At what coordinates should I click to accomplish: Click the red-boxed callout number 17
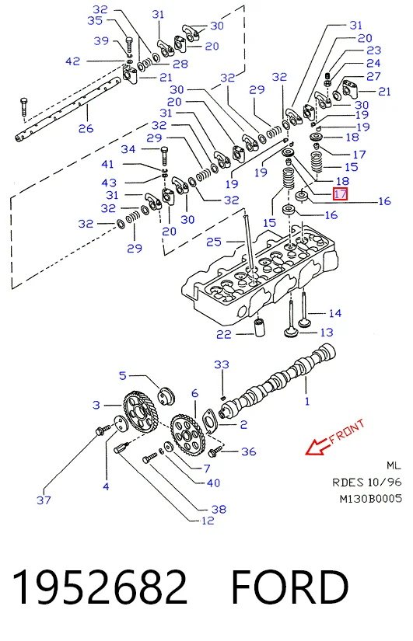coord(340,194)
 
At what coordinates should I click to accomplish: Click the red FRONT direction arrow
coord(318,447)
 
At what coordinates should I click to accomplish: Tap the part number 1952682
coord(100,587)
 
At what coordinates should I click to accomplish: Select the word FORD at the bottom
coord(290,587)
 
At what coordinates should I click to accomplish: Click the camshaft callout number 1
coord(307,402)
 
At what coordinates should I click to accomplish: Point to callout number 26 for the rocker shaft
coord(86,128)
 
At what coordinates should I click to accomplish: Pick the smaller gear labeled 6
coord(187,434)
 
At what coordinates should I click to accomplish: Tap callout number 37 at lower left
coord(44,500)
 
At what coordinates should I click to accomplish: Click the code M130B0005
coord(371,499)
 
